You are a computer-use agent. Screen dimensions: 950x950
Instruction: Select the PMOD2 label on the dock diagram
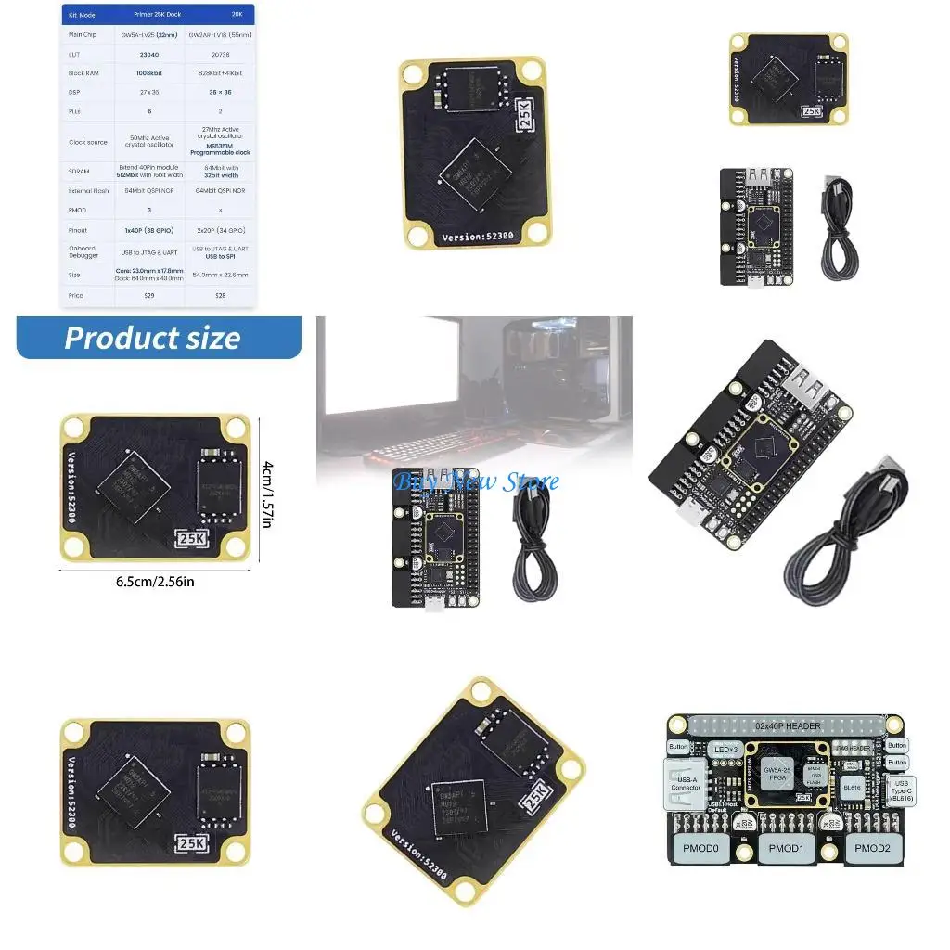coord(872,848)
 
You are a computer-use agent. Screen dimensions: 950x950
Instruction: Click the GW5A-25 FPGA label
coord(777,776)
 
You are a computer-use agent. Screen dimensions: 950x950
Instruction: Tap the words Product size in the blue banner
coord(152,339)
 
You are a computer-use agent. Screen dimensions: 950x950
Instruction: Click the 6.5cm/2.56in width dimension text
coord(155,582)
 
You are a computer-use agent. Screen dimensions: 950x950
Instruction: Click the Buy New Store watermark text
coord(476,481)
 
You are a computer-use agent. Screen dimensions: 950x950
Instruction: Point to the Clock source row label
coord(88,142)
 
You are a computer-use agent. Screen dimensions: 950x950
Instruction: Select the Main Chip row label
coord(83,34)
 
